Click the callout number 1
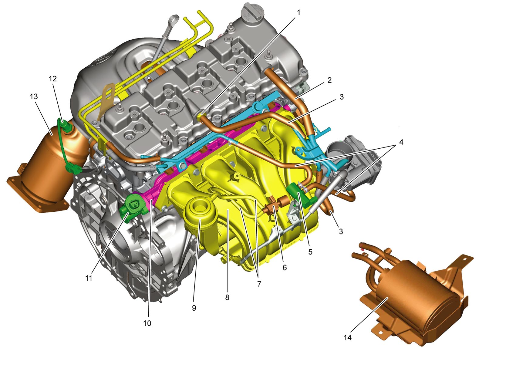[299, 13]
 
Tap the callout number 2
[329, 80]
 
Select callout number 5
[310, 252]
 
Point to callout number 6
[285, 268]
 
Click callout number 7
[259, 284]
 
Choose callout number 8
[227, 298]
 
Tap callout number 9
[194, 308]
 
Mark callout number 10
[147, 323]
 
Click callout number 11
[89, 278]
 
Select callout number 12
[53, 79]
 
